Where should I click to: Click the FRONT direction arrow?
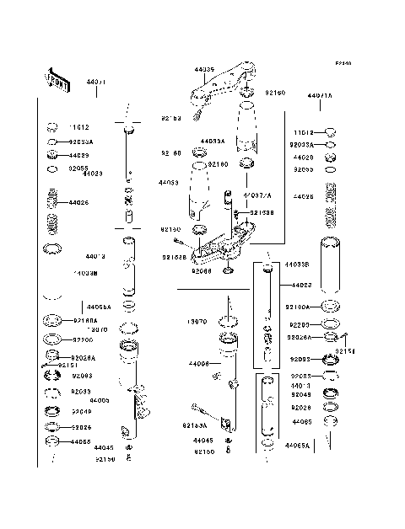coord(56,79)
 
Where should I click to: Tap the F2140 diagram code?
coord(342,63)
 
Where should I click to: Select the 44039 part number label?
coord(204,70)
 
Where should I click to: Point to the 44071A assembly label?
coord(321,96)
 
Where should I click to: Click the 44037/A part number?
coord(256,195)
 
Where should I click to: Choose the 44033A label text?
coord(213,142)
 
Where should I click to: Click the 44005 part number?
coord(99,400)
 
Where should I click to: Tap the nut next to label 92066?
coord(228,270)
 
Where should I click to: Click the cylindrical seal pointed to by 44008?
coord(228,345)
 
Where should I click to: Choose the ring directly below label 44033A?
coord(201,152)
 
